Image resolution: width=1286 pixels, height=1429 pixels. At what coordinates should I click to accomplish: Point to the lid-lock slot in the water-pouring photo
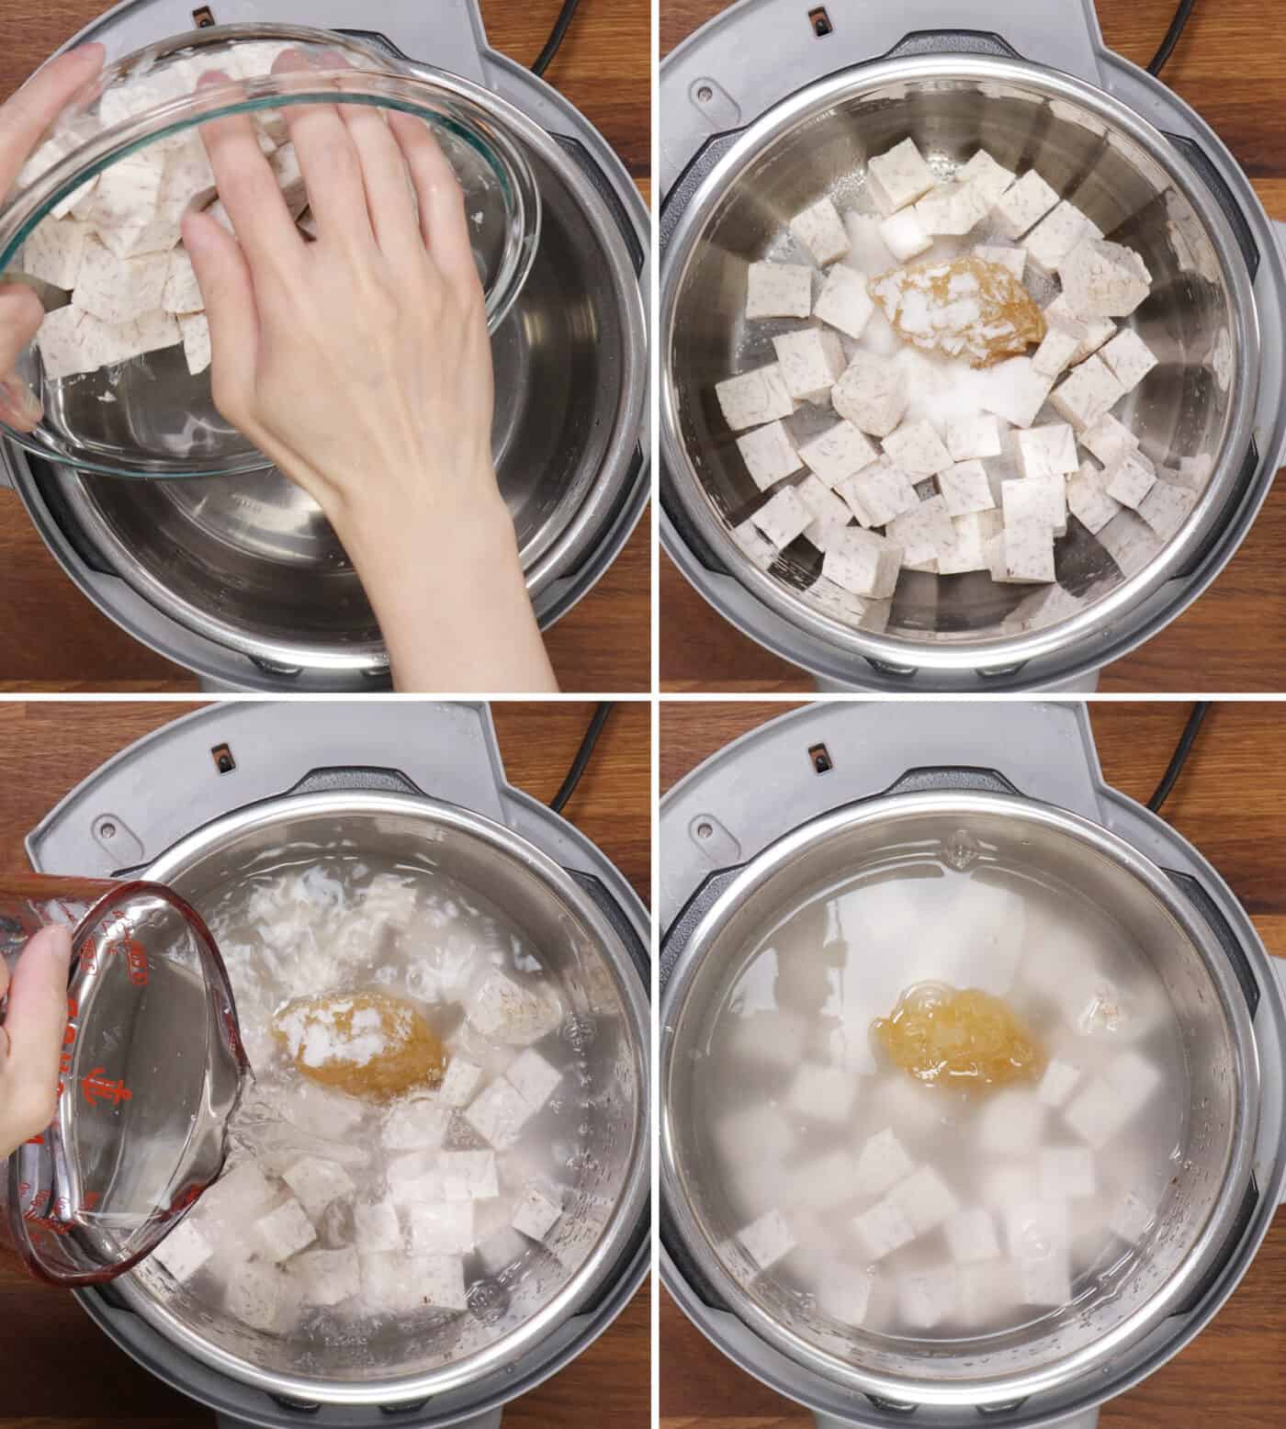220,759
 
